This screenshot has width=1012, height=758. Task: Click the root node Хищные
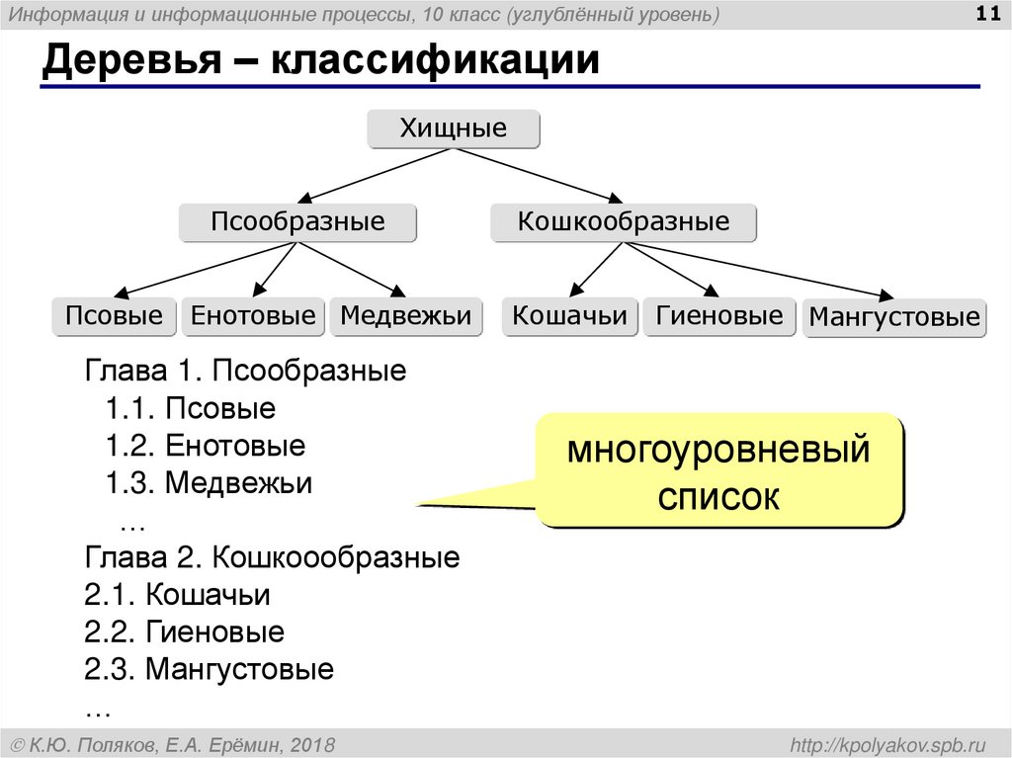454,129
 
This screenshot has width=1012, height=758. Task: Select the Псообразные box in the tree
297,222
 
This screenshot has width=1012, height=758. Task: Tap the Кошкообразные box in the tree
624,222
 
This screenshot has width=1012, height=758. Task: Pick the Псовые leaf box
114,316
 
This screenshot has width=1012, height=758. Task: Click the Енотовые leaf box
253,316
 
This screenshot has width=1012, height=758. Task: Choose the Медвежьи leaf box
406,316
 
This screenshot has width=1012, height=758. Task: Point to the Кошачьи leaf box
569,316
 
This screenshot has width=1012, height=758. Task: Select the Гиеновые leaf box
718,316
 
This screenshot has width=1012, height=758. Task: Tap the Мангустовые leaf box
894,318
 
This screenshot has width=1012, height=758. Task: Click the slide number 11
986,15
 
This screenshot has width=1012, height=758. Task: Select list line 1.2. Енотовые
206,446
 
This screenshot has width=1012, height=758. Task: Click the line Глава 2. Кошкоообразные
273,557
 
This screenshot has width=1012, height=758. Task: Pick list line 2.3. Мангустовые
210,670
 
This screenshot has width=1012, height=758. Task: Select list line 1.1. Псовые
191,408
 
